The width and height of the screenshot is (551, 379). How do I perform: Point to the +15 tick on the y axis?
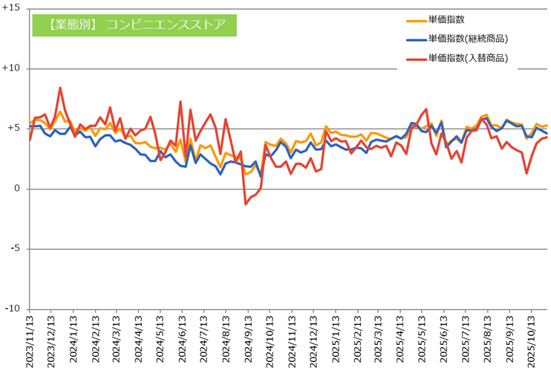[x=13, y=8]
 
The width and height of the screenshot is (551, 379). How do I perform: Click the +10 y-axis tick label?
[x=13, y=68]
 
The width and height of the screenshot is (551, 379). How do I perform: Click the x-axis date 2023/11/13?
[x=30, y=343]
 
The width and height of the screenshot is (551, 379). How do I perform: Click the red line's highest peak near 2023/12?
[x=60, y=88]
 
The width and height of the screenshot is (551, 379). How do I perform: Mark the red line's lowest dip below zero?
[x=246, y=204]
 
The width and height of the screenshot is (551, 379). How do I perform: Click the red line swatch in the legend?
[x=416, y=58]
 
